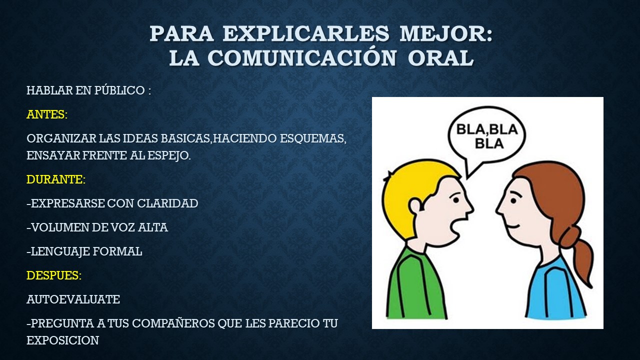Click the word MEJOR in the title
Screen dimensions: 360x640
click(446, 34)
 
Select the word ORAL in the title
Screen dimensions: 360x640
click(440, 58)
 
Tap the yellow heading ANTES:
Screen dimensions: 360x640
click(47, 114)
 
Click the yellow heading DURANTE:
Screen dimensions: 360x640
click(56, 179)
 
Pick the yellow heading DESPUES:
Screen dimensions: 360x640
click(54, 275)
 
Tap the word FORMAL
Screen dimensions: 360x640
click(117, 251)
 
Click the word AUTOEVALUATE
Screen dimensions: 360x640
click(73, 299)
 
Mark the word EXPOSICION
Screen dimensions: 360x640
click(62, 340)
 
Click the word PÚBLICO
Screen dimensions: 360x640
click(119, 91)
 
